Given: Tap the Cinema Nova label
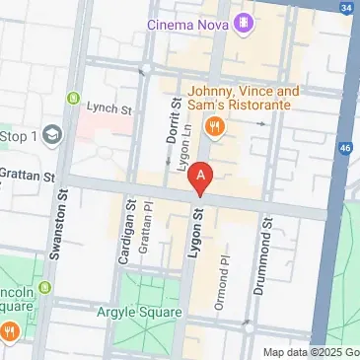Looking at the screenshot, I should pos(189,23).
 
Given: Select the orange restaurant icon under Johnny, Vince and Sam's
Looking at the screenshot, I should pos(213,125).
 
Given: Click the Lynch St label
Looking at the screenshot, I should pos(108,108).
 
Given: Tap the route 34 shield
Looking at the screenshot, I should pos(345,8).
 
